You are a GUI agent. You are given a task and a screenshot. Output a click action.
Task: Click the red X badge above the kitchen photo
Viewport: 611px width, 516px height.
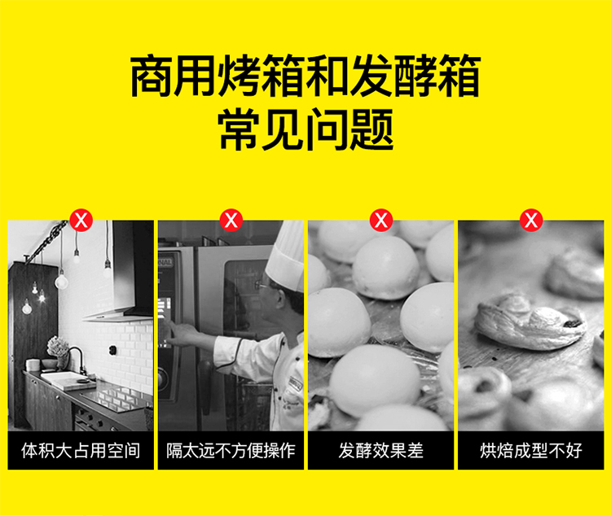click(x=81, y=221)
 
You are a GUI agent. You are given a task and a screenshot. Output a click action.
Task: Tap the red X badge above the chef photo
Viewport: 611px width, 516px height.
click(x=231, y=221)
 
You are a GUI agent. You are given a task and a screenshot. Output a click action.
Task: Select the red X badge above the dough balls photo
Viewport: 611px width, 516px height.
click(x=381, y=221)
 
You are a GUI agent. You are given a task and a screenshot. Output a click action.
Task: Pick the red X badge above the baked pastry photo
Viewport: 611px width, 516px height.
click(x=531, y=221)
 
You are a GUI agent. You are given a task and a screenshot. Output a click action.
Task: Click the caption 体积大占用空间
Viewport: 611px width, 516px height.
click(x=81, y=451)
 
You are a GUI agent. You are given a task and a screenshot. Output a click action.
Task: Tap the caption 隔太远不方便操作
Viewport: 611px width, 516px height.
click(x=231, y=451)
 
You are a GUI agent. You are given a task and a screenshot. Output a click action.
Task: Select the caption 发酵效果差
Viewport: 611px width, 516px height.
click(x=380, y=451)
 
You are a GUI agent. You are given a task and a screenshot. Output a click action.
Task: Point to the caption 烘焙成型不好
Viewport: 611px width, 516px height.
click(x=530, y=451)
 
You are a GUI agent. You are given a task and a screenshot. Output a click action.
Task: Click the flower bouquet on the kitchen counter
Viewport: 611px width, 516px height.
click(x=57, y=346)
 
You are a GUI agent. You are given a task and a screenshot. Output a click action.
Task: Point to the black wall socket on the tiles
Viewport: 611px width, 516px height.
click(x=114, y=350)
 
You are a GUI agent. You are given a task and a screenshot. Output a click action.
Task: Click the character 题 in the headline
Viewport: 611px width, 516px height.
click(x=371, y=129)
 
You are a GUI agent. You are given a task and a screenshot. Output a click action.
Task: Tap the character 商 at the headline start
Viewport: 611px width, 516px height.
click(x=152, y=76)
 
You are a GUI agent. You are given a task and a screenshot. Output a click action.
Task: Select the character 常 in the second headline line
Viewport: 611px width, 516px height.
click(x=239, y=129)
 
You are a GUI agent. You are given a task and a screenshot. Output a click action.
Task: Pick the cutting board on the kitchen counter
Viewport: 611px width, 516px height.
click(x=68, y=380)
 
